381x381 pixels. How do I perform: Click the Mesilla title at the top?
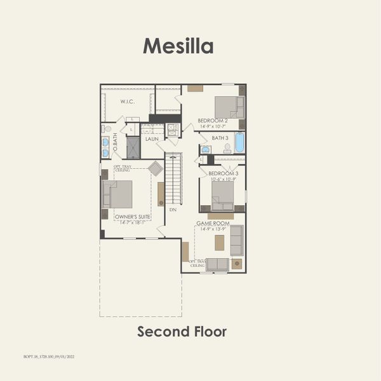[178, 46]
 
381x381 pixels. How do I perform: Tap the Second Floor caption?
[182, 331]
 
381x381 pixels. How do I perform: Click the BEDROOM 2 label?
[212, 121]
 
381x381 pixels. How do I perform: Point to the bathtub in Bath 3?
[239, 143]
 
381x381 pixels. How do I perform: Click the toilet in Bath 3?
[227, 149]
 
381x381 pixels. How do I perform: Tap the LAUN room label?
[152, 138]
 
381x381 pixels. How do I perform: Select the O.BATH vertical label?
[106, 140]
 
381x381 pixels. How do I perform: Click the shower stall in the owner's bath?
[133, 147]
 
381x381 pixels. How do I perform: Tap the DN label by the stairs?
[173, 209]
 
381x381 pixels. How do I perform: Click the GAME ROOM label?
[212, 224]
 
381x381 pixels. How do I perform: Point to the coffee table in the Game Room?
[220, 243]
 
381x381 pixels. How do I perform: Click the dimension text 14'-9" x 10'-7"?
[213, 126]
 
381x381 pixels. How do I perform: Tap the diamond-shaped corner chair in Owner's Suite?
[156, 168]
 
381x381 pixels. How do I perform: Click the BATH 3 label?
[220, 138]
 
